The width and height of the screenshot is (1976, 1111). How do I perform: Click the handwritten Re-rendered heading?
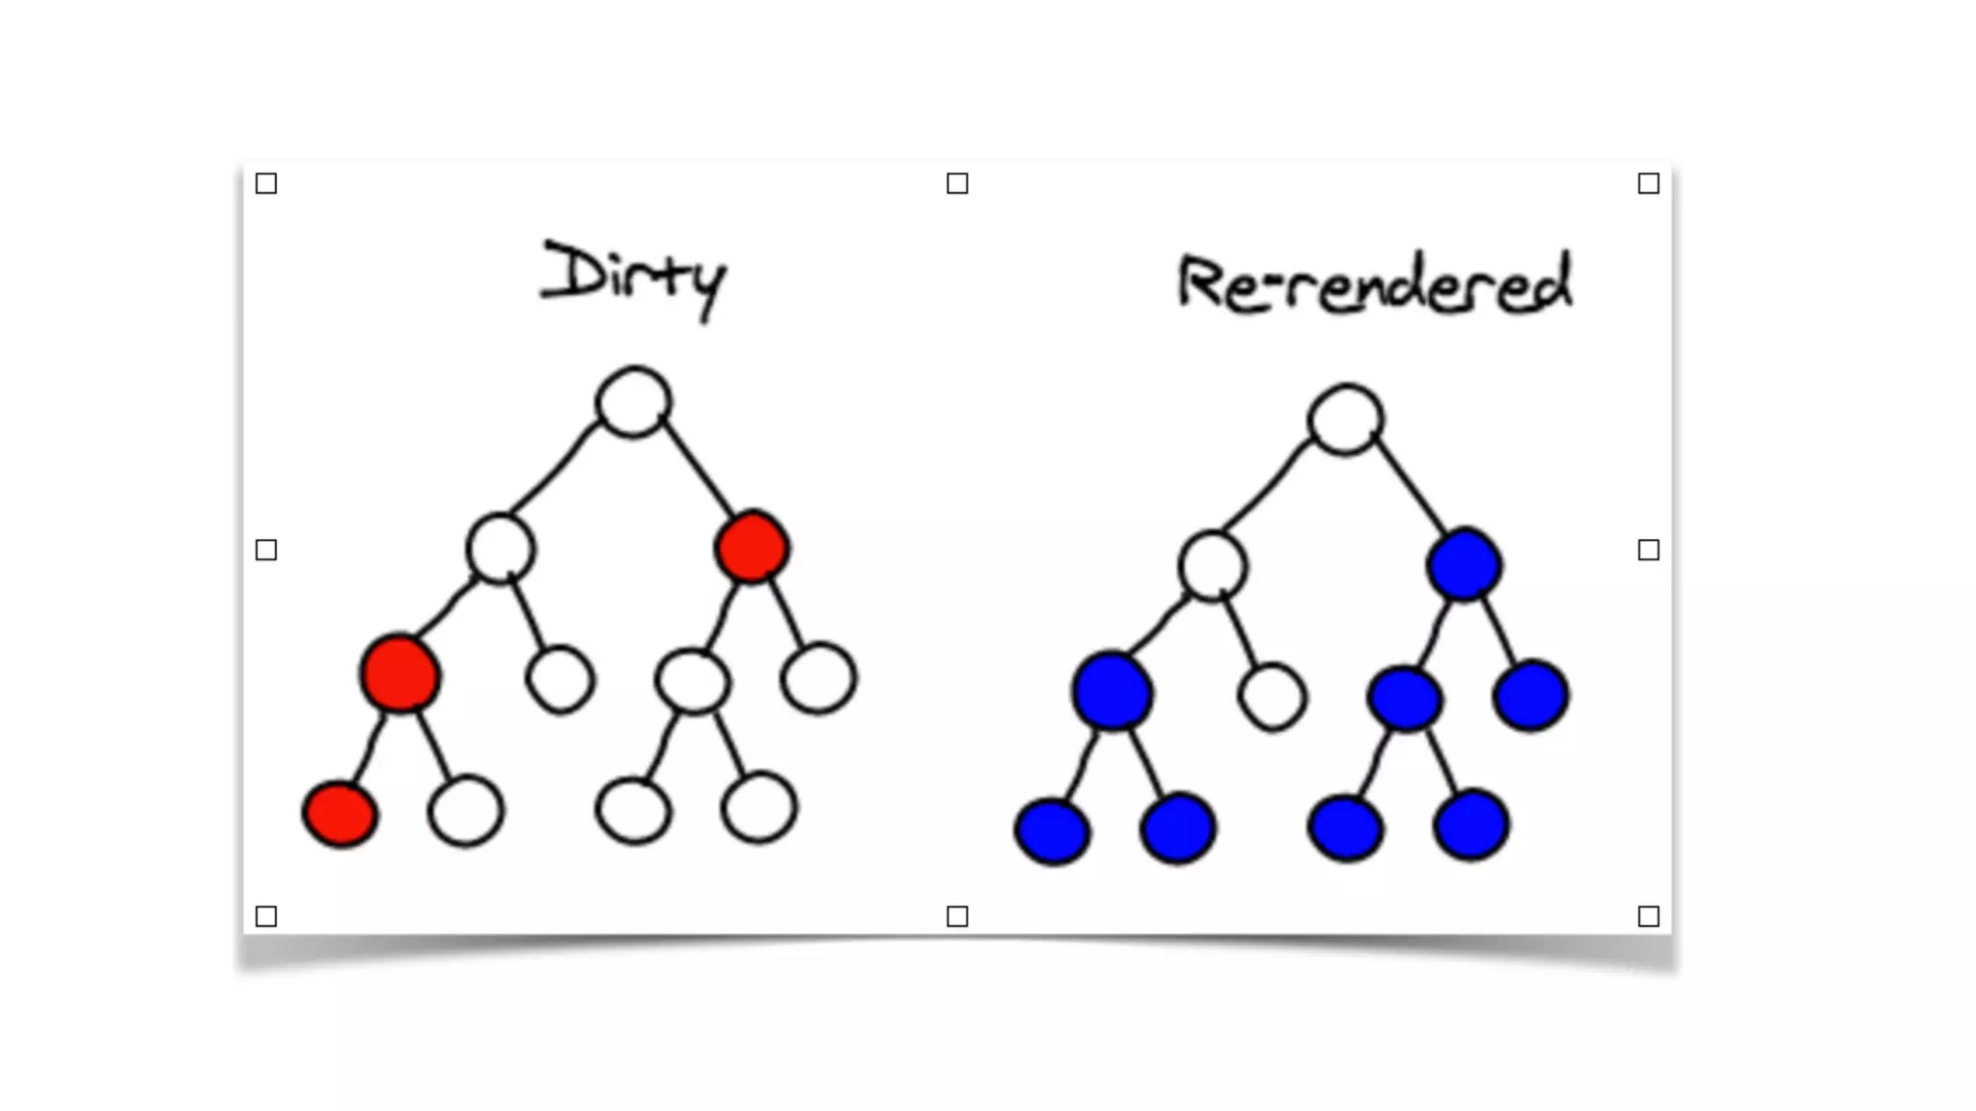click(1374, 284)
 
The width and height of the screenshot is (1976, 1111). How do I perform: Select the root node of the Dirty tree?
click(633, 401)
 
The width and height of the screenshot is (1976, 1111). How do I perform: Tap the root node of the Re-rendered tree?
click(1345, 420)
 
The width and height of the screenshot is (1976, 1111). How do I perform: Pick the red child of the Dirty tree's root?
click(752, 547)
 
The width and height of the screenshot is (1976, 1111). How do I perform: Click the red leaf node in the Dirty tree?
click(340, 813)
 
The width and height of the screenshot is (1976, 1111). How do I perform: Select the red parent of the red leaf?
click(400, 673)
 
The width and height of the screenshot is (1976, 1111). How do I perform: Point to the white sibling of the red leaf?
click(465, 810)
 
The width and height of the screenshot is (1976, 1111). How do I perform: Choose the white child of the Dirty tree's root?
click(500, 548)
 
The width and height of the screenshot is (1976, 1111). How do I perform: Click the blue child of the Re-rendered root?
click(1464, 565)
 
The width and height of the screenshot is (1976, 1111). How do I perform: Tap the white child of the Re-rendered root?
click(1212, 566)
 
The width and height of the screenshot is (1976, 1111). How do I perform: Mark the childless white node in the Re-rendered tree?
click(1272, 696)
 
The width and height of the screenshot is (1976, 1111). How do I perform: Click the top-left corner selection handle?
click(266, 183)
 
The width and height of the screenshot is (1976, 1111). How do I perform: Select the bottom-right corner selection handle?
click(1648, 916)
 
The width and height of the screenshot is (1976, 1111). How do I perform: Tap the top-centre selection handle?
click(957, 183)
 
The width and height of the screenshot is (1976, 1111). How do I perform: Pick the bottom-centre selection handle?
click(957, 916)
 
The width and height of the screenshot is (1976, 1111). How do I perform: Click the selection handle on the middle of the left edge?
click(266, 550)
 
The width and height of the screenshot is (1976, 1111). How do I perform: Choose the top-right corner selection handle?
click(1648, 183)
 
